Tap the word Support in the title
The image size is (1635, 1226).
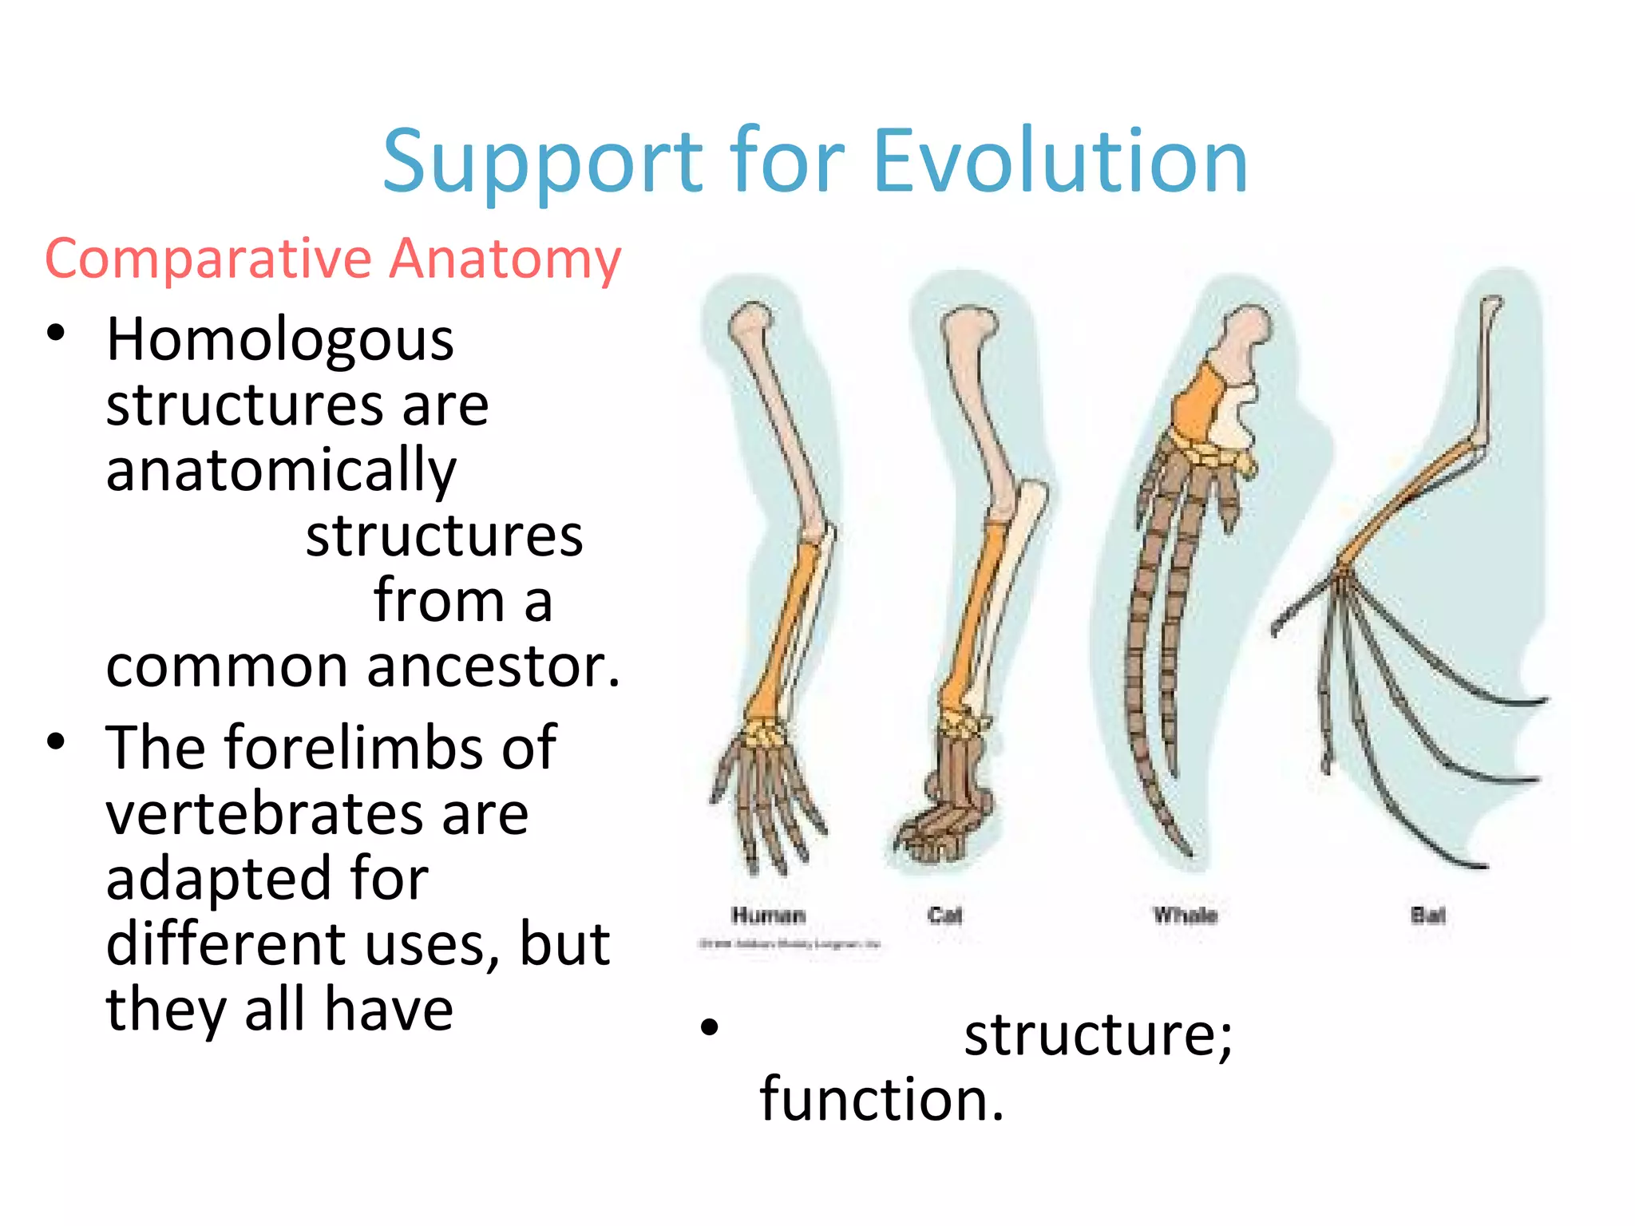coord(543,162)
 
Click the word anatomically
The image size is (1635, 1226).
coord(281,471)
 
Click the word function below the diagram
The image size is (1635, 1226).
coord(881,1099)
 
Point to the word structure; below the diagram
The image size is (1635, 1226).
coord(1098,1034)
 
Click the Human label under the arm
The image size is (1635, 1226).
coord(768,916)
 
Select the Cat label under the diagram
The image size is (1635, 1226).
coord(944,916)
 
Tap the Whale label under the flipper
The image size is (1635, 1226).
coord(1185,916)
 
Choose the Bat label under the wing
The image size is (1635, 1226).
coord(1427,916)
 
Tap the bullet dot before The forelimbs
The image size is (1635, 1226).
coord(55,742)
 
